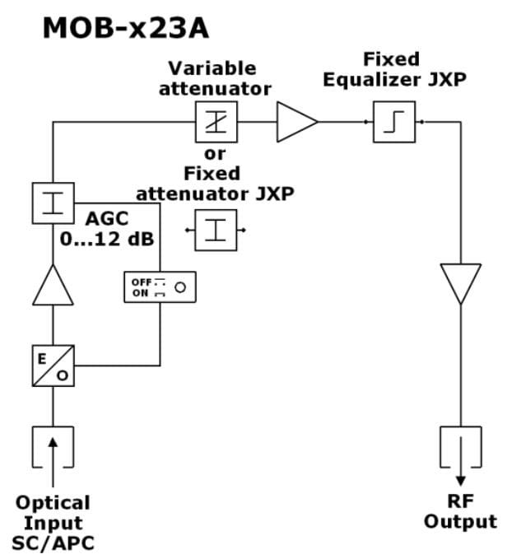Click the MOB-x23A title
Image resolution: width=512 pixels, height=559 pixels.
(125, 28)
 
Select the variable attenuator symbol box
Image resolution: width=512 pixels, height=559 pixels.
(216, 123)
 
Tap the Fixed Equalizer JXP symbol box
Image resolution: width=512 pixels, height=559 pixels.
(393, 123)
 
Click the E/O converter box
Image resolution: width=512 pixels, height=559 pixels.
(54, 366)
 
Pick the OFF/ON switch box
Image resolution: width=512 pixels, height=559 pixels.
(160, 286)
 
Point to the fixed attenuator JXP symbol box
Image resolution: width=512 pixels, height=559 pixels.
(216, 230)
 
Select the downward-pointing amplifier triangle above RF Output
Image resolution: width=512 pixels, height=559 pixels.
(460, 282)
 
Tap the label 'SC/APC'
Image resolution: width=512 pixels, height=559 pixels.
(54, 543)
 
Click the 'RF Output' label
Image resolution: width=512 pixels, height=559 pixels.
(460, 511)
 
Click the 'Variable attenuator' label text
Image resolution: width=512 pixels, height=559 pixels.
(214, 78)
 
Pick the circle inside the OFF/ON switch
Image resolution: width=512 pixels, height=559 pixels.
(179, 286)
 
